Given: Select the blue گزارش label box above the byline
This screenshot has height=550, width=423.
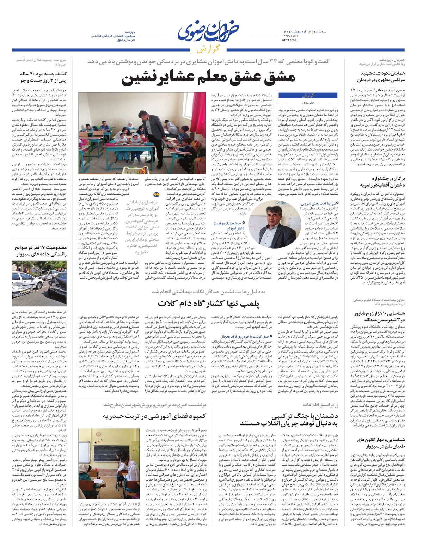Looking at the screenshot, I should (x=308, y=96).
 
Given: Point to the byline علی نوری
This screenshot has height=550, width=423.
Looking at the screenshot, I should (x=308, y=103).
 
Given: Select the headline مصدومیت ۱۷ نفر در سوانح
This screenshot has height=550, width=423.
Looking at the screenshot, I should (x=41, y=251).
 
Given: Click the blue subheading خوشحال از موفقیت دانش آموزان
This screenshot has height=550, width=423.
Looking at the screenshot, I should (x=226, y=226).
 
